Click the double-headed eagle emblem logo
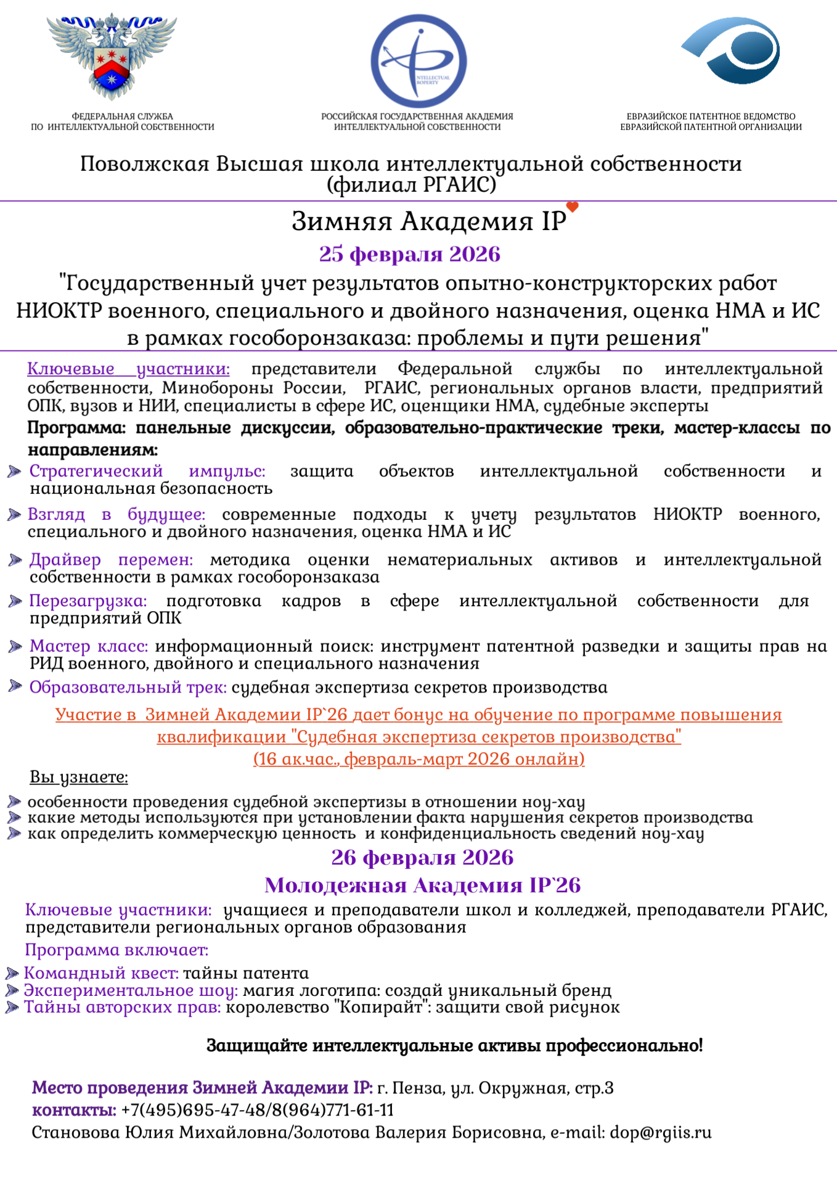tap(112, 55)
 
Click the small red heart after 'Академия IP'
tap(573, 207)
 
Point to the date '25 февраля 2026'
tap(409, 254)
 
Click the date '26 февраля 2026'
tap(422, 857)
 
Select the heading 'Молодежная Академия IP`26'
tap(422, 885)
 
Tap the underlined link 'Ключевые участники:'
tap(128, 369)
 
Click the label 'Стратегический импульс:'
tap(147, 471)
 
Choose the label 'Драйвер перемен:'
tap(111, 559)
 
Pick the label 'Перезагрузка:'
tap(88, 601)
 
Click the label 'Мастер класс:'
tap(89, 646)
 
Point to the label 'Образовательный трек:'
tap(128, 687)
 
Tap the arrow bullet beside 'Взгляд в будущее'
tap(14, 515)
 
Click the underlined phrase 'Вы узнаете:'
tap(79, 777)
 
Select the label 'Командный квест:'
tap(101, 973)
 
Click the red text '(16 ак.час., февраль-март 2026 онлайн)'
tap(418, 758)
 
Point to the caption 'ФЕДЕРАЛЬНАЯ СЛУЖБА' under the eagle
tap(123, 117)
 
